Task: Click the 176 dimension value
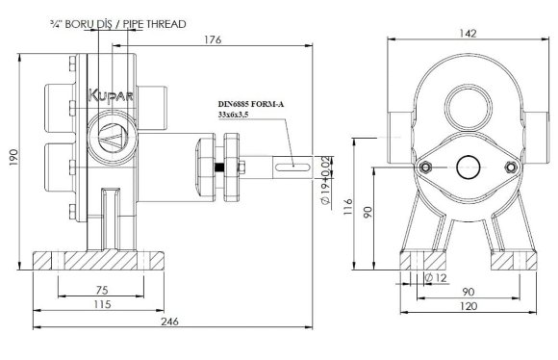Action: tap(213, 39)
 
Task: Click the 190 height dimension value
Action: tap(13, 158)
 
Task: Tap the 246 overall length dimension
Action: tap(169, 321)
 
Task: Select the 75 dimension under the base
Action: tap(102, 290)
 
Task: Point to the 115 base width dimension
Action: tap(102, 305)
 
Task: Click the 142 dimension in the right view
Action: tap(468, 34)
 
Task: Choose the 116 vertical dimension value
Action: tap(347, 207)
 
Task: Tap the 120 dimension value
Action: tap(469, 306)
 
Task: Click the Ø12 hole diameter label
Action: tap(436, 277)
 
